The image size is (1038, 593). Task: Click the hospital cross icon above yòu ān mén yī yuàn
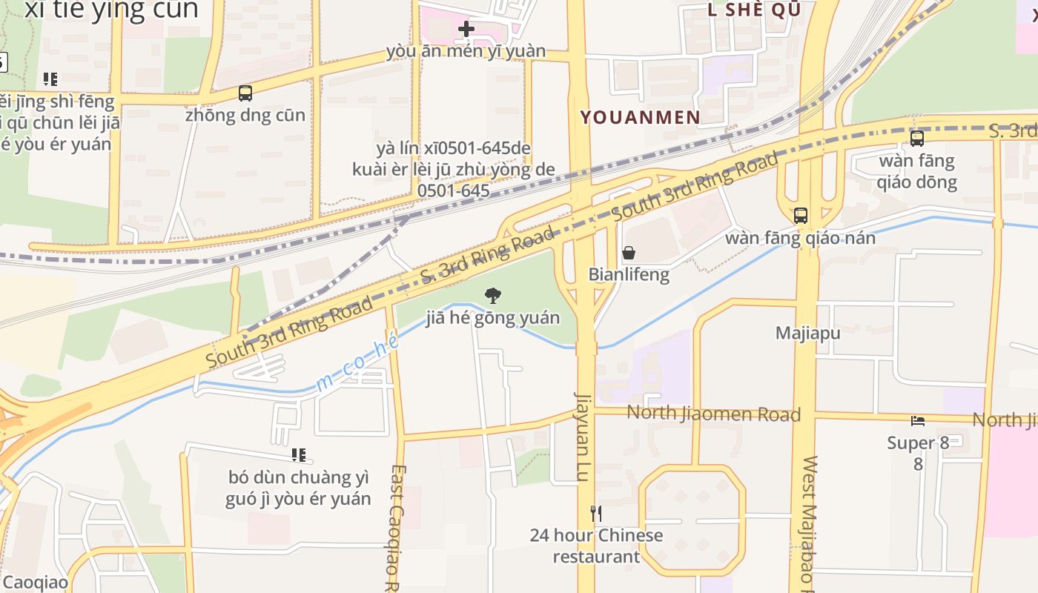466,29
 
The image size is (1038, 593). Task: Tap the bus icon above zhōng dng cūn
245,93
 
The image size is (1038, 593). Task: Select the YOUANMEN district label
640,117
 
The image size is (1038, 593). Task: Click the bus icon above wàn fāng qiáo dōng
917,139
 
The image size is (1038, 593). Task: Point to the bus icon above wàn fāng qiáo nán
801,216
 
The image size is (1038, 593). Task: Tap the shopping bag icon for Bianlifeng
629,253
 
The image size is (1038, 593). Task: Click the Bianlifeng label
629,274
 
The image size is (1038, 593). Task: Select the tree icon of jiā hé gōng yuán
492,296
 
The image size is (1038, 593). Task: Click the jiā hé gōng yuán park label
492,318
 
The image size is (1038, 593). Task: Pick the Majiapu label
808,333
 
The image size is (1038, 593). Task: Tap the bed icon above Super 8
918,421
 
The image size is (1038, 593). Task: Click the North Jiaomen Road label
714,414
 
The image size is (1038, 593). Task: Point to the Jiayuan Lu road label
584,437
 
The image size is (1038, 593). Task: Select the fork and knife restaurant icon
595,513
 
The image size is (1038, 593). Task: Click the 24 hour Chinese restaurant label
596,546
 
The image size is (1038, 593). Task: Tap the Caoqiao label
34,582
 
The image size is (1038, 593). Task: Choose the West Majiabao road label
809,523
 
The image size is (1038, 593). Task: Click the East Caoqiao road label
397,529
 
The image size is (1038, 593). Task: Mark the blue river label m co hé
357,362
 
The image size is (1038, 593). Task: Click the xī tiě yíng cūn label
111,10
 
